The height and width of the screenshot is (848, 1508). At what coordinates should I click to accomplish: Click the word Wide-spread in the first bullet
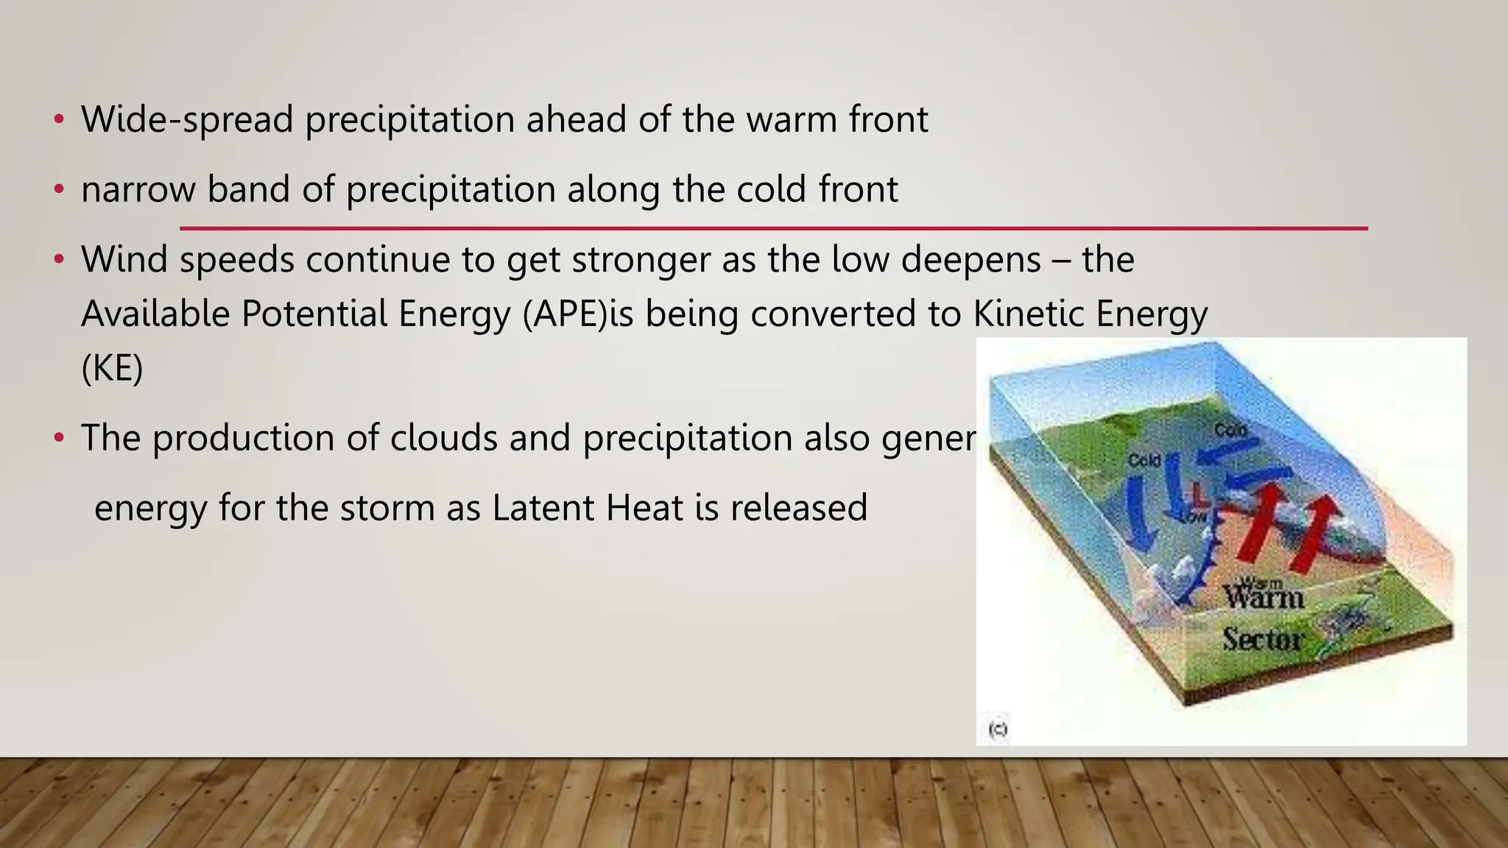pos(187,119)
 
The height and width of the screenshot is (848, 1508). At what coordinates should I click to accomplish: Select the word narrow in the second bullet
pos(138,189)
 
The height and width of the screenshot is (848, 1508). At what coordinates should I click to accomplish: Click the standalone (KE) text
pos(112,368)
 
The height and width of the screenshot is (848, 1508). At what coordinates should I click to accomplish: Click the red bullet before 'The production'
pos(60,439)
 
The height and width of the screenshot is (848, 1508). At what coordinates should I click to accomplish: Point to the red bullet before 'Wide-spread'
pos(60,120)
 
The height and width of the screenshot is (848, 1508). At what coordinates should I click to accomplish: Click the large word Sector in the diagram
pos(1264,638)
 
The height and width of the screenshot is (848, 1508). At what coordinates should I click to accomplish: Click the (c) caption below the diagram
pos(998,729)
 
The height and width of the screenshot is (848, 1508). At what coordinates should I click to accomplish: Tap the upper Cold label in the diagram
pos(1230,430)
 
